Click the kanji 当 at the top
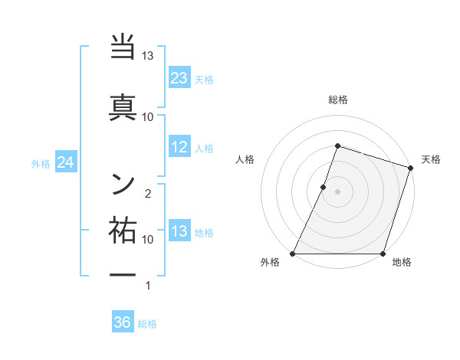tap(123, 50)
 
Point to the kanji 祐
tap(123, 230)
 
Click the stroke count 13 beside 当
tap(148, 56)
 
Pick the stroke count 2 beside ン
tap(148, 193)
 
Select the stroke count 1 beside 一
tap(148, 286)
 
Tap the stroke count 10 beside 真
tap(148, 116)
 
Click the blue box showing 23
tap(179, 78)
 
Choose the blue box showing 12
tap(179, 148)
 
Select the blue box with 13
tap(179, 231)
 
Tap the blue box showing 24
tap(66, 162)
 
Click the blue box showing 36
tap(123, 322)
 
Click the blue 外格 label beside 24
tap(40, 163)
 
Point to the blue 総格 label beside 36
tap(147, 324)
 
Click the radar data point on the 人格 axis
tap(324, 187)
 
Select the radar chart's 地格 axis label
tap(402, 263)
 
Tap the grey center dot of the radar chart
tap(337, 191)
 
